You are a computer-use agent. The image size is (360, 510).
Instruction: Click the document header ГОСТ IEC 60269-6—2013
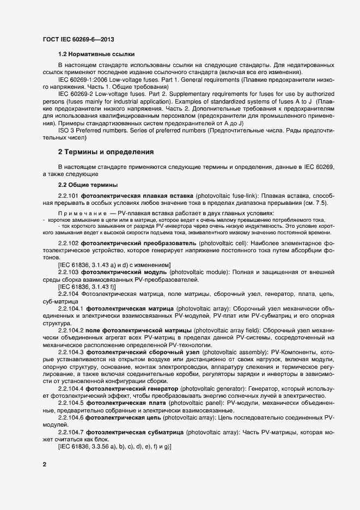click(x=78, y=40)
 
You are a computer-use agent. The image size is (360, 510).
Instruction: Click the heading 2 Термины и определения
click(x=106, y=152)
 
